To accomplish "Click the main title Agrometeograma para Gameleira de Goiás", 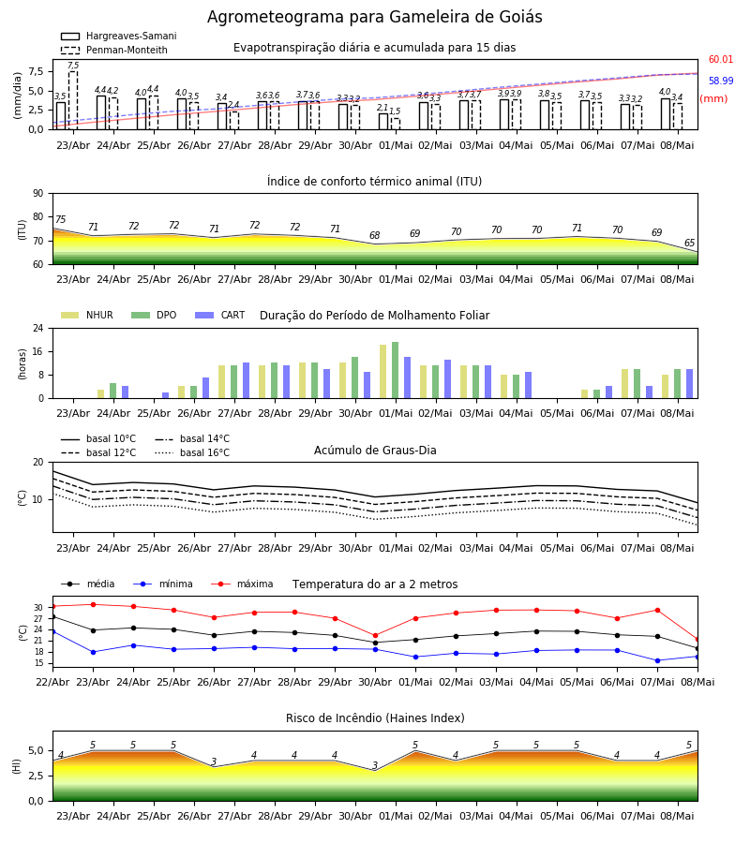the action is pyautogui.click(x=374, y=17).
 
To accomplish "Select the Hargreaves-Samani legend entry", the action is pyautogui.click(x=118, y=36).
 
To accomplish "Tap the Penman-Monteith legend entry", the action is pyautogui.click(x=114, y=50).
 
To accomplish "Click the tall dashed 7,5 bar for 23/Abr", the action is pyautogui.click(x=72, y=100).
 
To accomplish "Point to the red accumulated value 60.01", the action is pyautogui.click(x=720, y=59).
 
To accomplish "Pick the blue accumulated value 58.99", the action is pyautogui.click(x=720, y=81).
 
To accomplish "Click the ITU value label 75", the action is pyautogui.click(x=60, y=219).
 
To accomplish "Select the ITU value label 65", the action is pyautogui.click(x=689, y=243).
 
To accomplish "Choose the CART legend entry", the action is pyautogui.click(x=220, y=315).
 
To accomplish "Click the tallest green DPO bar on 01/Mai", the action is pyautogui.click(x=395, y=370).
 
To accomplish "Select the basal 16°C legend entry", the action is pyautogui.click(x=192, y=452).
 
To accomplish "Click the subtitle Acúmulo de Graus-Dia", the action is pyautogui.click(x=375, y=450).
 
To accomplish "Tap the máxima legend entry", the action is pyautogui.click(x=242, y=584).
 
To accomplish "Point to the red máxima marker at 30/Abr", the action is pyautogui.click(x=376, y=635).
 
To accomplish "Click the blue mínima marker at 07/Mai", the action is pyautogui.click(x=657, y=660).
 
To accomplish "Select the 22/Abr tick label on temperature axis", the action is pyautogui.click(x=52, y=682).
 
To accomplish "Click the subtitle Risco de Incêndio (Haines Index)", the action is pyautogui.click(x=375, y=717).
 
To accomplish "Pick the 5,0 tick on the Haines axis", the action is pyautogui.click(x=36, y=751).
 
